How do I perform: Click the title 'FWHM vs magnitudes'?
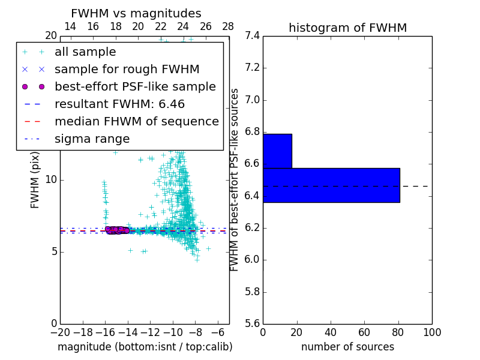pyautogui.click(x=136, y=14)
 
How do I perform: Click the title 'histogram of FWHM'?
pyautogui.click(x=347, y=28)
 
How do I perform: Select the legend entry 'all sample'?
pyautogui.click(x=85, y=52)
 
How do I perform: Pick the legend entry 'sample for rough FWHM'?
pyautogui.click(x=127, y=70)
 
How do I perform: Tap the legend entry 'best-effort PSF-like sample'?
pyautogui.click(x=135, y=87)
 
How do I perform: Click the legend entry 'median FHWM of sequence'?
pyautogui.click(x=136, y=122)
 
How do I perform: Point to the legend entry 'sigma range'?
pyautogui.click(x=92, y=139)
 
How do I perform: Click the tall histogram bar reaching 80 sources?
pyautogui.click(x=331, y=185)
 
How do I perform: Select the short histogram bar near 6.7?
pyautogui.click(x=277, y=151)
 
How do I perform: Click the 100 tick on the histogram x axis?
pyautogui.click(x=431, y=332)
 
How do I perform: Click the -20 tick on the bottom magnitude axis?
pyautogui.click(x=60, y=332)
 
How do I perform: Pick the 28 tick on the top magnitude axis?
pyautogui.click(x=228, y=26)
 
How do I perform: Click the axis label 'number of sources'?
pyautogui.click(x=347, y=347)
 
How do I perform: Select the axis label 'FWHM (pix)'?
pyautogui.click(x=35, y=179)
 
